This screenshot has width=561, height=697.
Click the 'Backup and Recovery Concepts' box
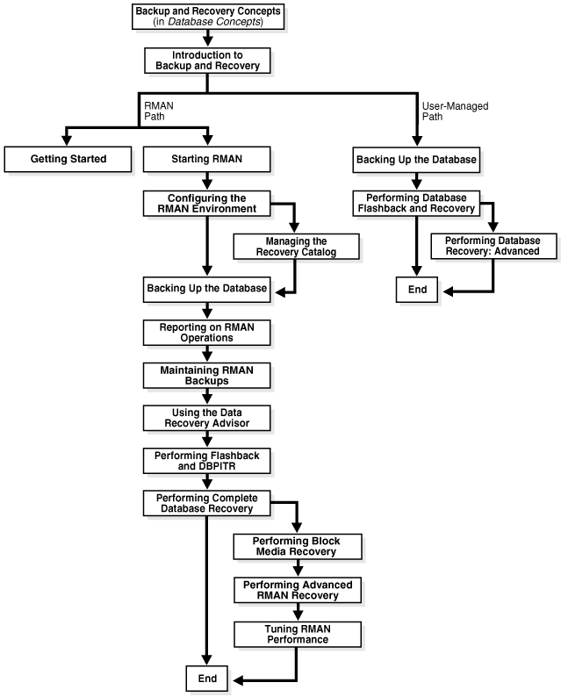pos(206,16)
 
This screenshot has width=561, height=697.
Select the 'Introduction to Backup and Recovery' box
pos(206,61)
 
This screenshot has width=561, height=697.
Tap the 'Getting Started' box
pos(68,159)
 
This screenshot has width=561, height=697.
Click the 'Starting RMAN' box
pos(206,159)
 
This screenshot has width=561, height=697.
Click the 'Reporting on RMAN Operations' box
pos(206,331)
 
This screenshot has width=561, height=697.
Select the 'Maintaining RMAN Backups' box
pos(206,375)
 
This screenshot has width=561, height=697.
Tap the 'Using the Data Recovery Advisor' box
pos(206,418)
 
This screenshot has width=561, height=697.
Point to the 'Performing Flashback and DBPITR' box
pos(206,461)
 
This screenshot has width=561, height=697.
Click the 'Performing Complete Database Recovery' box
pos(206,503)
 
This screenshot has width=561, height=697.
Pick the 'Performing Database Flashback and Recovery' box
pos(415,202)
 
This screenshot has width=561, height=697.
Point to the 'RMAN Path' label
pos(155,111)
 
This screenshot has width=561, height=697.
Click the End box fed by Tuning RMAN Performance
pos(206,678)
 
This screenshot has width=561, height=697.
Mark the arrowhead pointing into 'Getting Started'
pos(68,140)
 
